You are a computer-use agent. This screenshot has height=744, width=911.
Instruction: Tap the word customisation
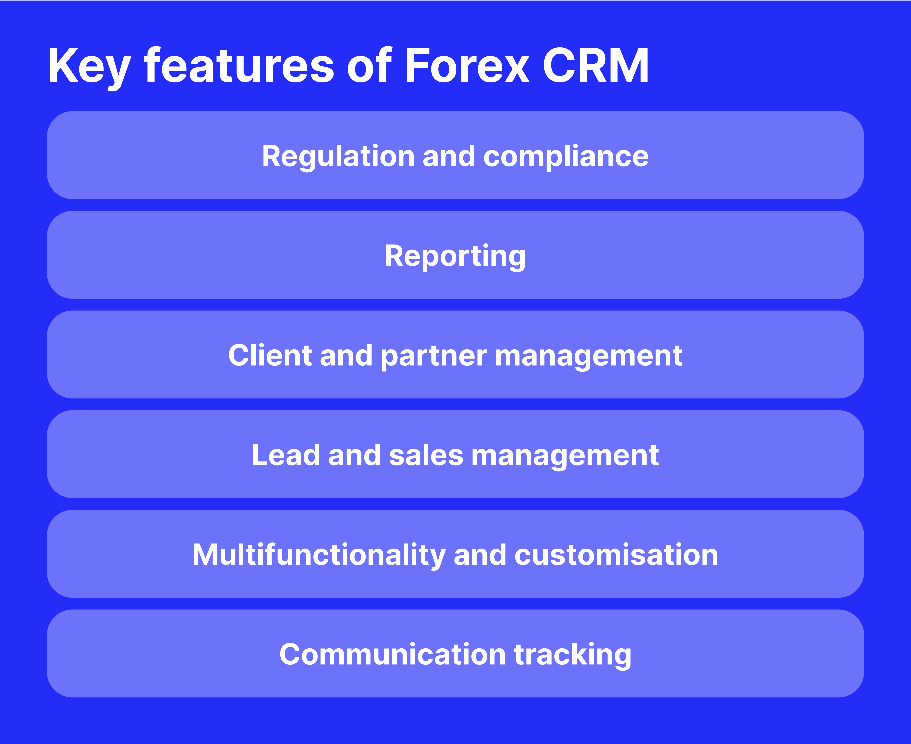tap(616, 555)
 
